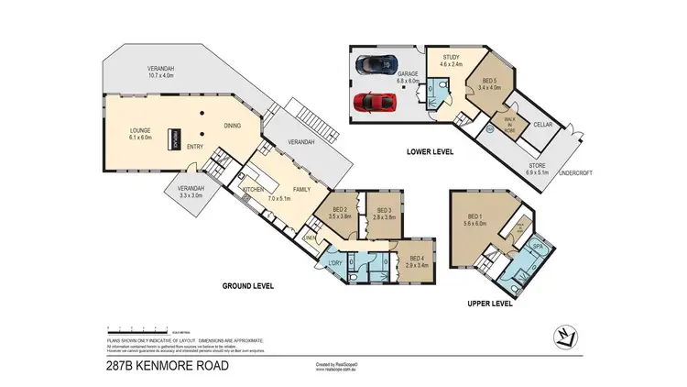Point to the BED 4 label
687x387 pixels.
[x=419, y=258]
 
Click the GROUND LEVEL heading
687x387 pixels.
[x=248, y=286]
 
